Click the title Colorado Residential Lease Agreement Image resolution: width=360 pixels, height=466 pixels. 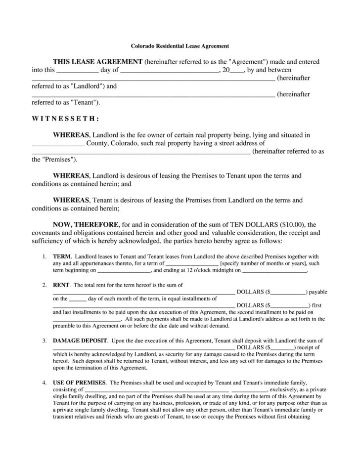pyautogui.click(x=180, y=46)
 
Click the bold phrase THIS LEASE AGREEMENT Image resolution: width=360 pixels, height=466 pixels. pyautogui.click(x=97, y=62)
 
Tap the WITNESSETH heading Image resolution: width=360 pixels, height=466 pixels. pyautogui.click(x=65, y=119)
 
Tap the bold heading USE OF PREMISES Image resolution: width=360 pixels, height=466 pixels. pyautogui.click(x=79, y=383)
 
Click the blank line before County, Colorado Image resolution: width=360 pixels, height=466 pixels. pyautogui.click(x=58, y=144)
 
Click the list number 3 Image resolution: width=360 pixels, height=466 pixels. pyautogui.click(x=44, y=341)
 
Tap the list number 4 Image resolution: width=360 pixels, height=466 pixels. pyautogui.click(x=44, y=383)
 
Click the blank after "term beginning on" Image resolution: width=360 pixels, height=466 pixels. pyautogui.click(x=124, y=271)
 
